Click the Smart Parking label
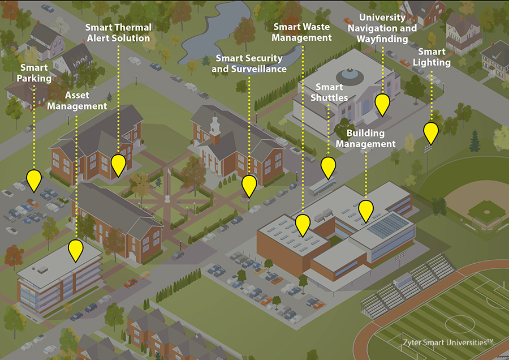[34, 73]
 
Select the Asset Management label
[77, 101]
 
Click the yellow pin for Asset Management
[76, 251]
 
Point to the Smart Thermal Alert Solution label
[119, 32]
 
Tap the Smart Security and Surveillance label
[249, 63]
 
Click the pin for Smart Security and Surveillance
[249, 186]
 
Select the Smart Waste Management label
[301, 32]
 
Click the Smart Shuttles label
[329, 92]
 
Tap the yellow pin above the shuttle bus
[328, 168]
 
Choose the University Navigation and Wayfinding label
[382, 28]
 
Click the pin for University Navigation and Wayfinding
[382, 105]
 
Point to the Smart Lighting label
[432, 57]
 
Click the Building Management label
[365, 139]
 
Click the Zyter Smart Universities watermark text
[448, 342]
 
